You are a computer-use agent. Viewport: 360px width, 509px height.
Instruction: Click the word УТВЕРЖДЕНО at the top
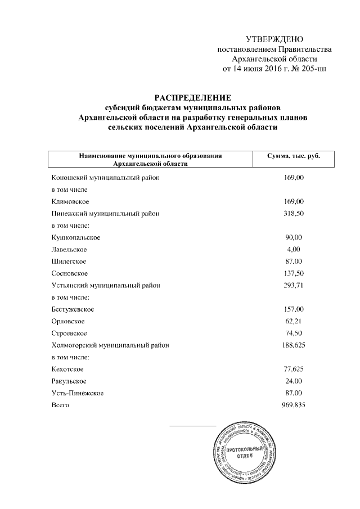[274, 39]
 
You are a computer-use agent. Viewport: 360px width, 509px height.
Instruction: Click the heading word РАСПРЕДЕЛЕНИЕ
[192, 98]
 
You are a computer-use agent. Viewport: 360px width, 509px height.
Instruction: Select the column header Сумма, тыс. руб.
[293, 155]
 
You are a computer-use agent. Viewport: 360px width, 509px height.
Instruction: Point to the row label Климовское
[69, 201]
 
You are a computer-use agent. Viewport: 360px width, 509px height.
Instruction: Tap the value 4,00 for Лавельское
[293, 249]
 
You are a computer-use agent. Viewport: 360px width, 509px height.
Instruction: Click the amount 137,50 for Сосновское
[292, 273]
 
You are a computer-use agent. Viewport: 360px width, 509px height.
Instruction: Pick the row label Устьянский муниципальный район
[106, 285]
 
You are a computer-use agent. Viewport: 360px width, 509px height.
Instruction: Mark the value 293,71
[292, 285]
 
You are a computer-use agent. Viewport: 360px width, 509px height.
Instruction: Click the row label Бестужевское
[73, 309]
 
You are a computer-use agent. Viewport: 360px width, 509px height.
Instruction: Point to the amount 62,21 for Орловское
[292, 321]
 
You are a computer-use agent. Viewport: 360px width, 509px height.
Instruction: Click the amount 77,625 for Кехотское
[292, 369]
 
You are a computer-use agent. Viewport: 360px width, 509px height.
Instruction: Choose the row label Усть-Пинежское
[77, 393]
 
